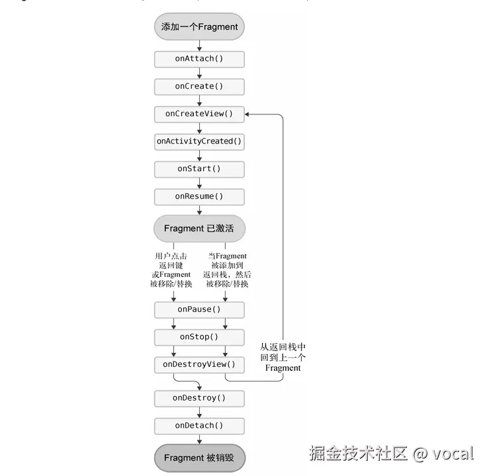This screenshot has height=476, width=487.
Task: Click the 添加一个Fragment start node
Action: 199,26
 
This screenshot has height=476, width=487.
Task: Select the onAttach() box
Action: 199,59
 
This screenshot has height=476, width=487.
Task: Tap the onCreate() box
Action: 199,87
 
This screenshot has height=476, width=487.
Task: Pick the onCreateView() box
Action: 199,114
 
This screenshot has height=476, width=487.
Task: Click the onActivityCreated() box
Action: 199,141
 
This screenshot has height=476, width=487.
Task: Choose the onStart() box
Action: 199,169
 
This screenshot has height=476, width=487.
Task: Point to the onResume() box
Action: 199,197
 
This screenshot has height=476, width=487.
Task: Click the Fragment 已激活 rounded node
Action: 199,229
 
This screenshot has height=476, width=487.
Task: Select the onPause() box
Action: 199,309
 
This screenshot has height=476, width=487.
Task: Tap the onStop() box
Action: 199,337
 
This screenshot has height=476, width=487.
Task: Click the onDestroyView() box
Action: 199,364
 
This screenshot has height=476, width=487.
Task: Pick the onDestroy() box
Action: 199,399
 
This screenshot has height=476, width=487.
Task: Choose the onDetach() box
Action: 199,426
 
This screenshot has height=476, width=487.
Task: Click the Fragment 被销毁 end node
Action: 200,458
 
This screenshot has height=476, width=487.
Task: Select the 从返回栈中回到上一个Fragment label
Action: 283,357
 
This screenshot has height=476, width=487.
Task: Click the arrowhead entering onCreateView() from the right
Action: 247,114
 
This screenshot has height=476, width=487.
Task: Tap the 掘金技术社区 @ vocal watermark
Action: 392,454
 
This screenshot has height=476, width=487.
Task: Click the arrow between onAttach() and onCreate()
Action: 199,73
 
